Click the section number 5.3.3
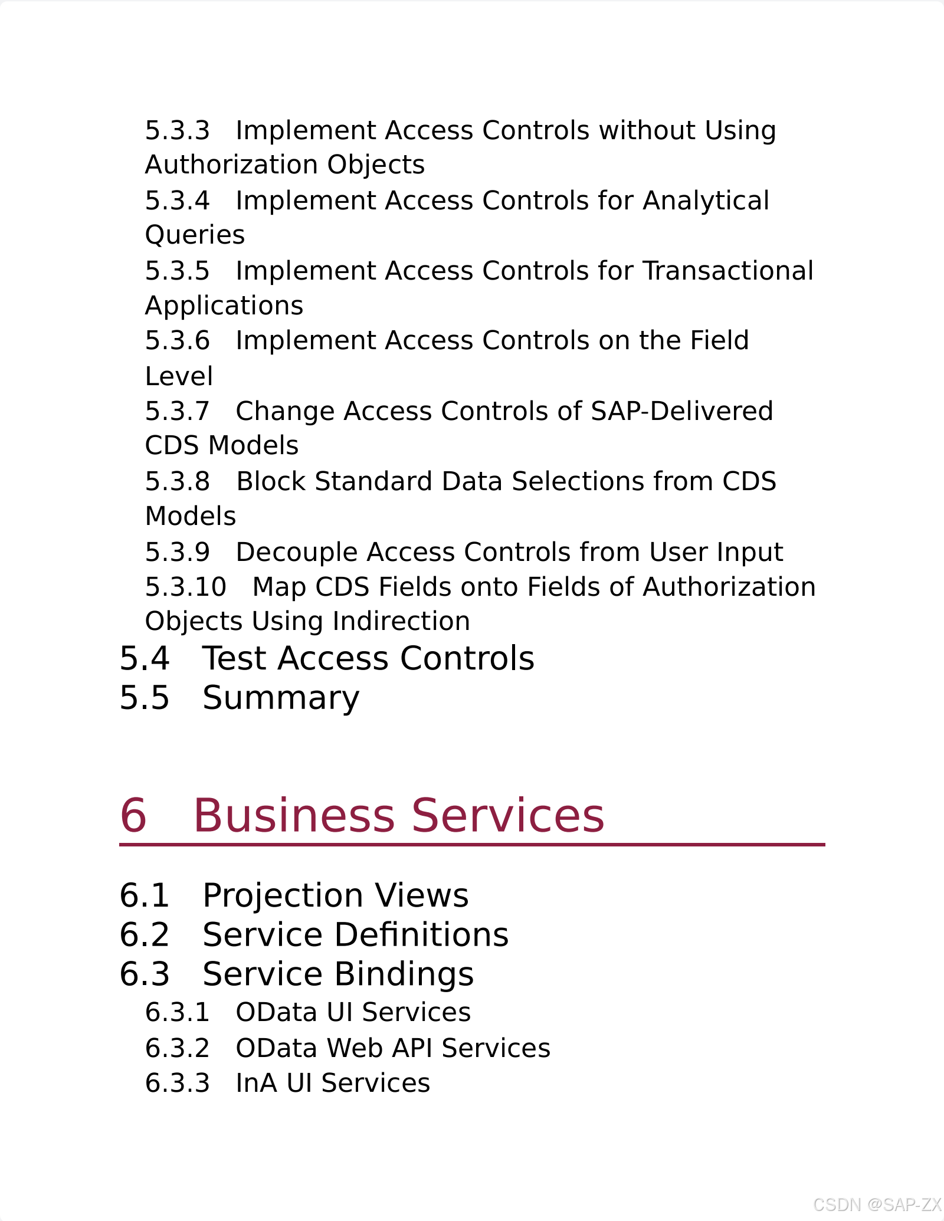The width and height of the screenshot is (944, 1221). coord(177,130)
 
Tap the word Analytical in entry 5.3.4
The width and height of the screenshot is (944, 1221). coord(706,201)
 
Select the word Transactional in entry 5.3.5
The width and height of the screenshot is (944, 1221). coord(728,271)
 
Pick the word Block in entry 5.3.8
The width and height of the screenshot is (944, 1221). coord(271,481)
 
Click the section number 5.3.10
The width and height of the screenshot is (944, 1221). coord(185,587)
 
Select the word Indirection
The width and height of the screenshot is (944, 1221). coord(401,621)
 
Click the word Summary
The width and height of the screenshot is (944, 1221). coord(281,698)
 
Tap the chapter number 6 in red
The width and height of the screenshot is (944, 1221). coord(133,815)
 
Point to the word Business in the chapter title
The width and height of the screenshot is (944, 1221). coord(294,815)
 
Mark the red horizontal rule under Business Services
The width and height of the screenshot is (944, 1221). coord(472,845)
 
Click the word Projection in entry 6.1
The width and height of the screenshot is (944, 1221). coord(282,895)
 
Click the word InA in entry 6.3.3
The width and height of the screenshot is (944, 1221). coord(256,1083)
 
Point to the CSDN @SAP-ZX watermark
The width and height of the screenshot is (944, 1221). coord(877,1204)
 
